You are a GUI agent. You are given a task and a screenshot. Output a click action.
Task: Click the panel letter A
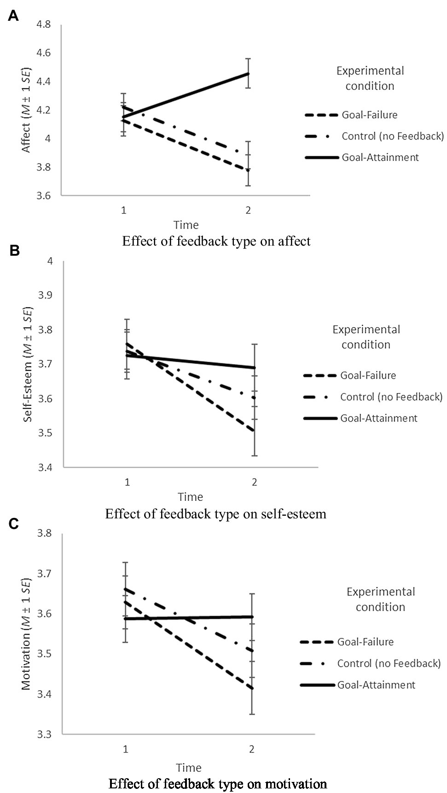(13, 16)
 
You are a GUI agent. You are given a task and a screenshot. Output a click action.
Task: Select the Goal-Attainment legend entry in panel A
(380, 158)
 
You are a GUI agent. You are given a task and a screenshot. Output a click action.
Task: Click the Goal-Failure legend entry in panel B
(368, 376)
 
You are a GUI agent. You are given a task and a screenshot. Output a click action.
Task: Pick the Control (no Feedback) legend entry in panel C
(389, 664)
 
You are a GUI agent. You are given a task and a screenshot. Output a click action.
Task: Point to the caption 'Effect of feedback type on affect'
(216, 241)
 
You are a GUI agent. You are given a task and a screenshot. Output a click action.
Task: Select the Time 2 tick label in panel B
(254, 482)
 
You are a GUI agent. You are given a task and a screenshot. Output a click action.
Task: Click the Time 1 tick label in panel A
(123, 210)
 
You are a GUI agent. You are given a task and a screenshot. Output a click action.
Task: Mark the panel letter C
(13, 524)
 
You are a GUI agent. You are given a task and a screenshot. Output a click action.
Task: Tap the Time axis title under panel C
(189, 768)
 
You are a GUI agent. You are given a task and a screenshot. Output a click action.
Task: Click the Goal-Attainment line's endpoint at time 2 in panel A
(249, 73)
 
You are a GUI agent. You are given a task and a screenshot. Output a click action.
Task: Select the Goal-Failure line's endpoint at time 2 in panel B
(254, 431)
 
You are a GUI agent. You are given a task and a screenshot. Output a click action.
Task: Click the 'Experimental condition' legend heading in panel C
(380, 599)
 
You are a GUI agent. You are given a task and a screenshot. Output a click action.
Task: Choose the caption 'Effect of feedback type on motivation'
(218, 784)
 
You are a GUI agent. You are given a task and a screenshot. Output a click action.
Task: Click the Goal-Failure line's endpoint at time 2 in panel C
(252, 688)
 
